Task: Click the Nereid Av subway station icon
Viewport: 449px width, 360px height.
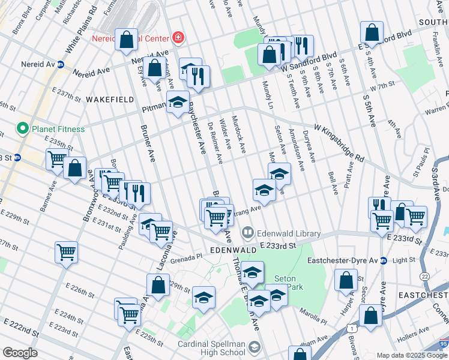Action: coord(61,64)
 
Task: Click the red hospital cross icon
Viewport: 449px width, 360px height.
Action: coord(178,38)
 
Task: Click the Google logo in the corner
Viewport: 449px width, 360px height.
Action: coord(20,353)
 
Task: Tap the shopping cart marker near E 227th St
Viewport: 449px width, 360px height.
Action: coord(66,252)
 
